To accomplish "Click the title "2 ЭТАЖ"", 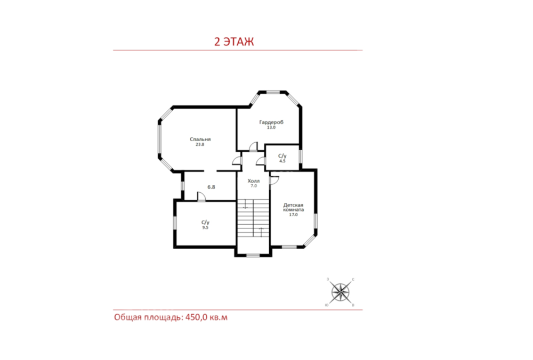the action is click(x=234, y=42).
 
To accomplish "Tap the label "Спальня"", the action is click(x=200, y=139).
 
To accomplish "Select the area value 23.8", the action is click(x=200, y=144).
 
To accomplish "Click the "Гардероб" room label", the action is click(x=271, y=122).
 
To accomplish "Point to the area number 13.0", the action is click(x=271, y=128).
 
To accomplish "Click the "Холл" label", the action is click(x=254, y=181).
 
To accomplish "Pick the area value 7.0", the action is click(x=254, y=186).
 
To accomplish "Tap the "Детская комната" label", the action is click(x=293, y=207).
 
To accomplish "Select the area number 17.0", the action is click(x=293, y=215).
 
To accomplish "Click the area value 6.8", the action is click(x=212, y=187).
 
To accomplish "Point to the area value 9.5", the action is click(x=205, y=227).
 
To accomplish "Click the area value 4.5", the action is click(x=282, y=161).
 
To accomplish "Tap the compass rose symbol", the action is click(x=340, y=292).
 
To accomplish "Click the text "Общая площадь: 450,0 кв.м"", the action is click(x=171, y=317).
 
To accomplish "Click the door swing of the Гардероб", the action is click(x=253, y=146).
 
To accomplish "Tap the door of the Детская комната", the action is click(x=274, y=181).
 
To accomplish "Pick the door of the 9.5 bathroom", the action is click(x=201, y=197).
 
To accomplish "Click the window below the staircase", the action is click(x=253, y=256).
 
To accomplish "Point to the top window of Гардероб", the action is click(x=273, y=92).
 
